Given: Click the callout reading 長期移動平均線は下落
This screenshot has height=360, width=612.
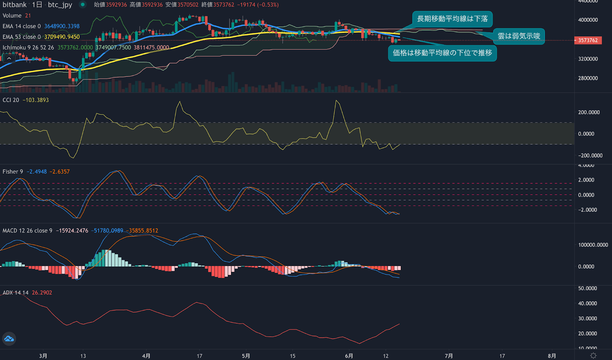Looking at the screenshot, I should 452,19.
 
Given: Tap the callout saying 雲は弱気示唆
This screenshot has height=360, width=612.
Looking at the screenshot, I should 519,36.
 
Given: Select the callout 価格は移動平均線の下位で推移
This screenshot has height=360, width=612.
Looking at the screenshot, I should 442,53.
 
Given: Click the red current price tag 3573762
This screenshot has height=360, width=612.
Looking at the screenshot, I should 588,40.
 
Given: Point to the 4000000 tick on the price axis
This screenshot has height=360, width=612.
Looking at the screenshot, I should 588,20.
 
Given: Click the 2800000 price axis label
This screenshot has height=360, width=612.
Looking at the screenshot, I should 588,78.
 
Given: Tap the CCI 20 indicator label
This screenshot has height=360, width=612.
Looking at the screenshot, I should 11,100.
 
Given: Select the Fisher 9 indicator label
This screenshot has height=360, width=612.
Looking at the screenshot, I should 13,171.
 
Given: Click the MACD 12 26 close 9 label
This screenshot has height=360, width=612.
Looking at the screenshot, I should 28,230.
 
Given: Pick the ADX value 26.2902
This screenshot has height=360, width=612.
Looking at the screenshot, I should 42,293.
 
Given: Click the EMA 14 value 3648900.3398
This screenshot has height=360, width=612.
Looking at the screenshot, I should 62,26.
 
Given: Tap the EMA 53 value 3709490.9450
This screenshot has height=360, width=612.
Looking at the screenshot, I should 62,37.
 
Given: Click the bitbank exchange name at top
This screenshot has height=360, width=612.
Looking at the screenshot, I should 15,5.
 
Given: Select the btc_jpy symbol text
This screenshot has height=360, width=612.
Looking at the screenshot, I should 60,5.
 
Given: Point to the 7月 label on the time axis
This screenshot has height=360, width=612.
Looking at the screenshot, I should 449,356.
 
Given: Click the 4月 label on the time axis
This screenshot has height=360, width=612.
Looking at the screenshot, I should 146,356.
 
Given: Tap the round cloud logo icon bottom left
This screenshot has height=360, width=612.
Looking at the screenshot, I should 9,339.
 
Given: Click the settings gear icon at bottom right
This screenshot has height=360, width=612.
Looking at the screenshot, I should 593,355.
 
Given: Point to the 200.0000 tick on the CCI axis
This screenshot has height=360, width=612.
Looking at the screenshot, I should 589,112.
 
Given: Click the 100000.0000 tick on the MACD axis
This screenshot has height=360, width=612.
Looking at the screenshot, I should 593,245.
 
